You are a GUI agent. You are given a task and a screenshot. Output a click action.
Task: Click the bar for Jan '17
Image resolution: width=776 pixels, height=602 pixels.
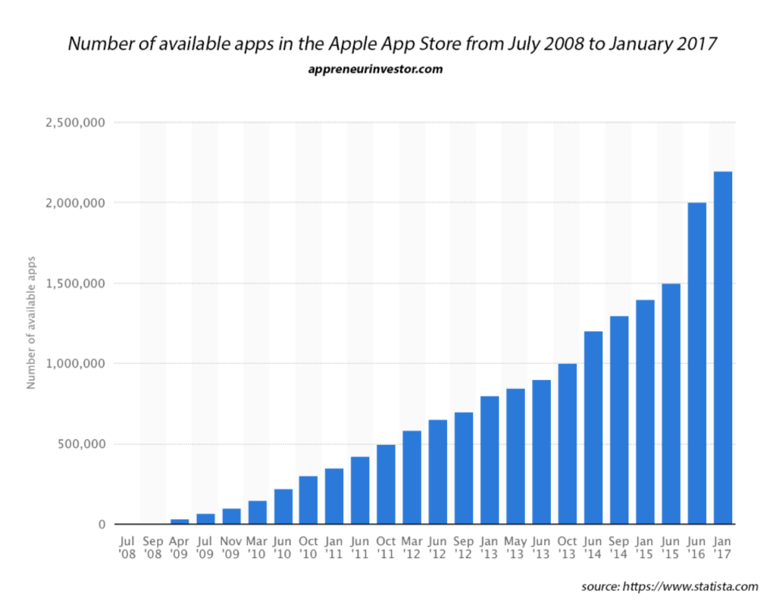[722, 348]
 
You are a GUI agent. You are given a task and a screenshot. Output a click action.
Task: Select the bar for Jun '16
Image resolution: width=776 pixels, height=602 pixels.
[696, 363]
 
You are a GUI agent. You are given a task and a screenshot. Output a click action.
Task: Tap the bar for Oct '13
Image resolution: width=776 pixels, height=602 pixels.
[568, 444]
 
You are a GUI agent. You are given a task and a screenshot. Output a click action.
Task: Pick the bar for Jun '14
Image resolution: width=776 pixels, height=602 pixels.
[593, 428]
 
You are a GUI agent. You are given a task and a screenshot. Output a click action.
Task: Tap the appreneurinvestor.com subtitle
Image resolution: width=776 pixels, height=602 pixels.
[375, 69]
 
